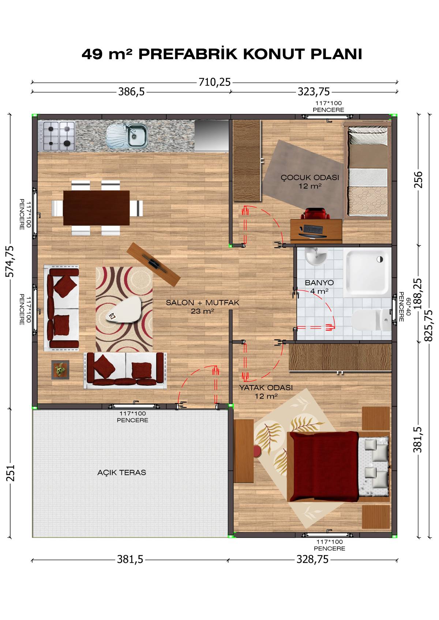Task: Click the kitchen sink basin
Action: [x=137, y=136]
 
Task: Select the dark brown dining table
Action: [x=96, y=208]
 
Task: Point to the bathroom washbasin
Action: [x=316, y=256]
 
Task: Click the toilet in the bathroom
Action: [x=371, y=320]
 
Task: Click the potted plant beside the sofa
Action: [x=60, y=370]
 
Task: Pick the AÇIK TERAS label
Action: [x=121, y=472]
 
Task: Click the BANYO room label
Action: [x=319, y=282]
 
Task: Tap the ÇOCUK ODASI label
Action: [x=310, y=178]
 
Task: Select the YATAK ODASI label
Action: [x=266, y=388]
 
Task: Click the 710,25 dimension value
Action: [x=214, y=82]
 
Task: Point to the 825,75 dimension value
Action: [x=428, y=326]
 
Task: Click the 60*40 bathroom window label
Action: [x=408, y=307]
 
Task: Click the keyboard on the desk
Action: [x=313, y=229]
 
